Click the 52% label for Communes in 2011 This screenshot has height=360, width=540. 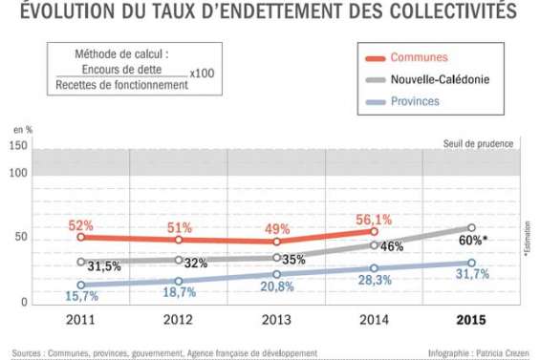[x=80, y=226]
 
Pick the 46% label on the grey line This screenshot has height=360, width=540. [x=391, y=245]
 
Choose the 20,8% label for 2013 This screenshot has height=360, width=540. [x=275, y=286]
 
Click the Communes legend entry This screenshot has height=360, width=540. [x=419, y=57]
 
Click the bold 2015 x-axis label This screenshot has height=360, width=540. [x=471, y=320]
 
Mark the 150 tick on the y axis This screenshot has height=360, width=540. [x=17, y=145]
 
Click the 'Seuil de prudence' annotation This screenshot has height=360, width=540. [x=478, y=143]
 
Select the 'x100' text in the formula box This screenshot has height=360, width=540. [x=201, y=73]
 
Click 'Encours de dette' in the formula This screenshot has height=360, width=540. [x=121, y=70]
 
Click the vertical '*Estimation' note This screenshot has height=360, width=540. [x=527, y=239]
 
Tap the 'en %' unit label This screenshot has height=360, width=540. [x=21, y=128]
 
